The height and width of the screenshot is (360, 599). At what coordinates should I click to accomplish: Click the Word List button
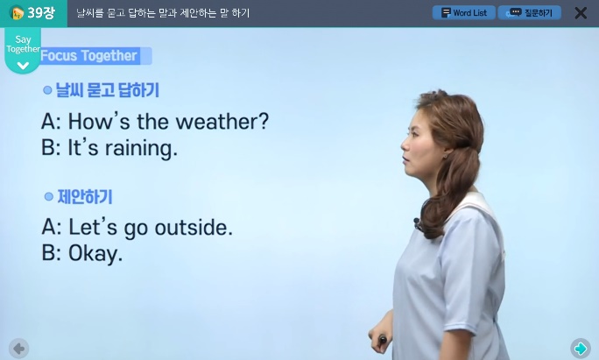tap(464, 12)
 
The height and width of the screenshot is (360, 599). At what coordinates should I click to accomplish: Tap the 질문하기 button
tap(530, 12)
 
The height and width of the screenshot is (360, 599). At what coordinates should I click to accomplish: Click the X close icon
tap(581, 13)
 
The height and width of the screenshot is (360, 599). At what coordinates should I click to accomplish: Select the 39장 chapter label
tap(33, 12)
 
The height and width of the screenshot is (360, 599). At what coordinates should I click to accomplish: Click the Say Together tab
tap(23, 51)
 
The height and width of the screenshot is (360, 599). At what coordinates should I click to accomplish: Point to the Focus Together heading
tap(89, 56)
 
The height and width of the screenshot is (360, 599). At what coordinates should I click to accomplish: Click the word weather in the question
tap(222, 122)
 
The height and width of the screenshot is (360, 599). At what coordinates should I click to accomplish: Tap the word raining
tap(141, 148)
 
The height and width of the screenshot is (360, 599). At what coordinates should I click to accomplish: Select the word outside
tap(194, 228)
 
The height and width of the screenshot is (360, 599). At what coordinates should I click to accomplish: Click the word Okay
tap(95, 254)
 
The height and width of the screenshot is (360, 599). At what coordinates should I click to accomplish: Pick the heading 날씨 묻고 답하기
tap(108, 90)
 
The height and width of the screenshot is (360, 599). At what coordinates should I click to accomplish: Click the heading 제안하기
tap(85, 197)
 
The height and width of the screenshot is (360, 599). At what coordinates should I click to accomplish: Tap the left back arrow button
tap(18, 349)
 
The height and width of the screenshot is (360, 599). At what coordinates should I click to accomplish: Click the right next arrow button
tap(581, 348)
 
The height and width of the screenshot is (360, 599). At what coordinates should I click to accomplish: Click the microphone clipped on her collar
tap(416, 222)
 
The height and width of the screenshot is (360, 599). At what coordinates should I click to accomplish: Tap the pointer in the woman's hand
tap(382, 339)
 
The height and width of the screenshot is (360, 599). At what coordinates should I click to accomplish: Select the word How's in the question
tap(99, 122)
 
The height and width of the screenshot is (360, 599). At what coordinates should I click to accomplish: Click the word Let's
tap(93, 228)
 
